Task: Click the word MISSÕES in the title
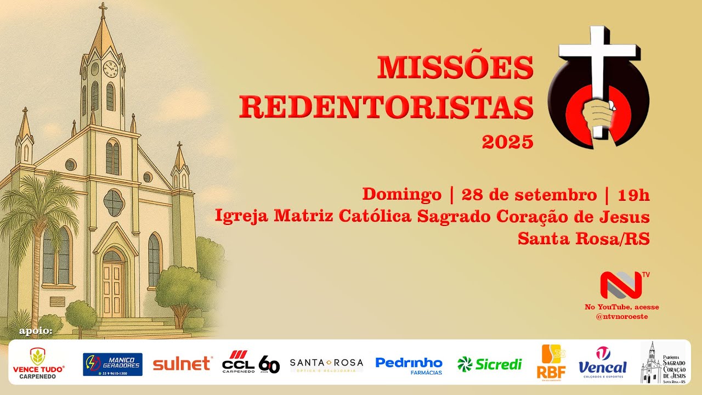pos(455,68)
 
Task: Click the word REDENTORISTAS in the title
pos(386,107)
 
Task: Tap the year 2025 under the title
pos(507,142)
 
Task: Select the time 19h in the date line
pos(633,195)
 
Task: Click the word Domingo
pos(401,195)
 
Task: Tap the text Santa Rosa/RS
pos(584,239)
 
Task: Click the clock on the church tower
pos(110,68)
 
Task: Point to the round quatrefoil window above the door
pos(114,202)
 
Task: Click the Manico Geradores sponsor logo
pos(112,364)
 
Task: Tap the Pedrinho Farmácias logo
pos(409,364)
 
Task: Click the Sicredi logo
pos(489,364)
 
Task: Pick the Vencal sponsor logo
pos(602,363)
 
